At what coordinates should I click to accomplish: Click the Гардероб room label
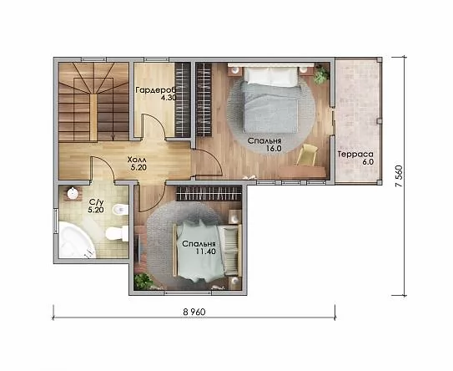[x=155, y=90]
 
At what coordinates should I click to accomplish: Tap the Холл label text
[x=137, y=160]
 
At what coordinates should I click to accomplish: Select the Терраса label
[x=355, y=155]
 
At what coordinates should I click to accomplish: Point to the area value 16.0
[x=274, y=149]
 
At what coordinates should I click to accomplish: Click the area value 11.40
[x=206, y=252]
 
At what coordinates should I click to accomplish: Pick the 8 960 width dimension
[x=194, y=312]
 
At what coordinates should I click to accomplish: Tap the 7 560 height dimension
[x=399, y=176]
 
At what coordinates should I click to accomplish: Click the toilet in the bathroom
[x=117, y=233]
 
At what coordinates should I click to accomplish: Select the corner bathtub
[x=76, y=240]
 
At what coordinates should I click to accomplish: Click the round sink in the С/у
[x=73, y=193]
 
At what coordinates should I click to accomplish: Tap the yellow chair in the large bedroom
[x=307, y=155]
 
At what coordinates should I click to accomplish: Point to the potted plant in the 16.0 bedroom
[x=321, y=74]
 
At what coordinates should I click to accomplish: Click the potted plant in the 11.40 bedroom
[x=143, y=281]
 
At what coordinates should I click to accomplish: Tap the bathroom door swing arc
[x=105, y=166]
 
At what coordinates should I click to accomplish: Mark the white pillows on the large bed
[x=271, y=76]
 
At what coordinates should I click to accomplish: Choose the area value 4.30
[x=169, y=98]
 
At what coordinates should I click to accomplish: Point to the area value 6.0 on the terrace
[x=368, y=162]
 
